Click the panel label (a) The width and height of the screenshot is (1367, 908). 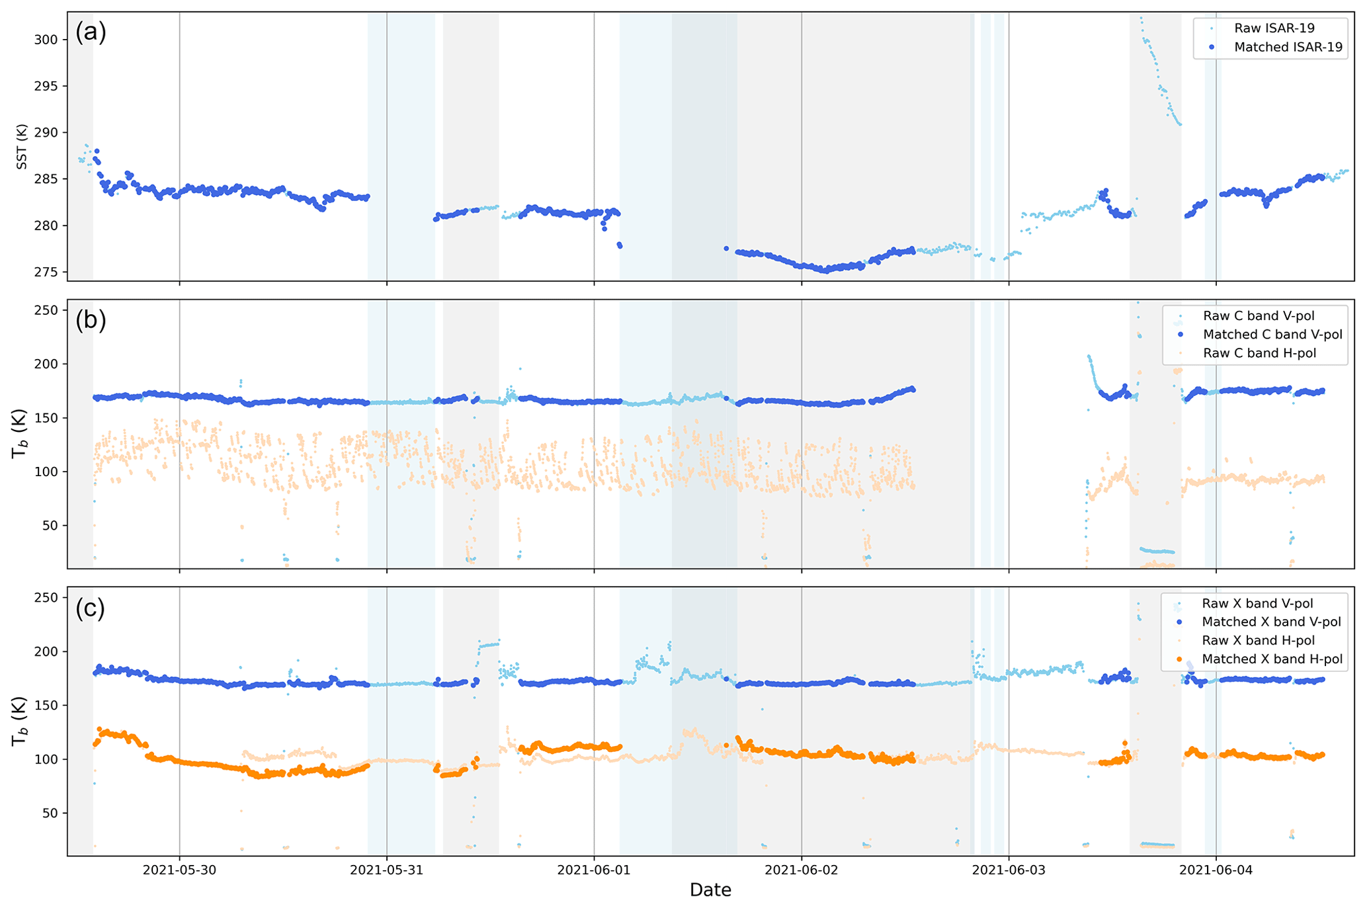91,32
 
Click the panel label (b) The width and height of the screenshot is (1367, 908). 91,319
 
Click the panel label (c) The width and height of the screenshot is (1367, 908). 91,608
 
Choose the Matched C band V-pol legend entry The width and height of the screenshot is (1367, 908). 1272,335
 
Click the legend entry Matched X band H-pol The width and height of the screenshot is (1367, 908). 1272,659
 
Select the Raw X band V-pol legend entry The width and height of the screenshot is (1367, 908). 1257,604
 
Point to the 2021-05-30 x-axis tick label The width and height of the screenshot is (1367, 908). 179,870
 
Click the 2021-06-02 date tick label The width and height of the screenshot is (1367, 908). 801,870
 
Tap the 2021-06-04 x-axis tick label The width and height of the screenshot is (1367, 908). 1216,870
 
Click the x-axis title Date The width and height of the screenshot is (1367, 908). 710,890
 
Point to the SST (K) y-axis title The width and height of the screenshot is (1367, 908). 22,146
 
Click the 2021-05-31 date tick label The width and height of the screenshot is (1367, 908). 386,870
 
